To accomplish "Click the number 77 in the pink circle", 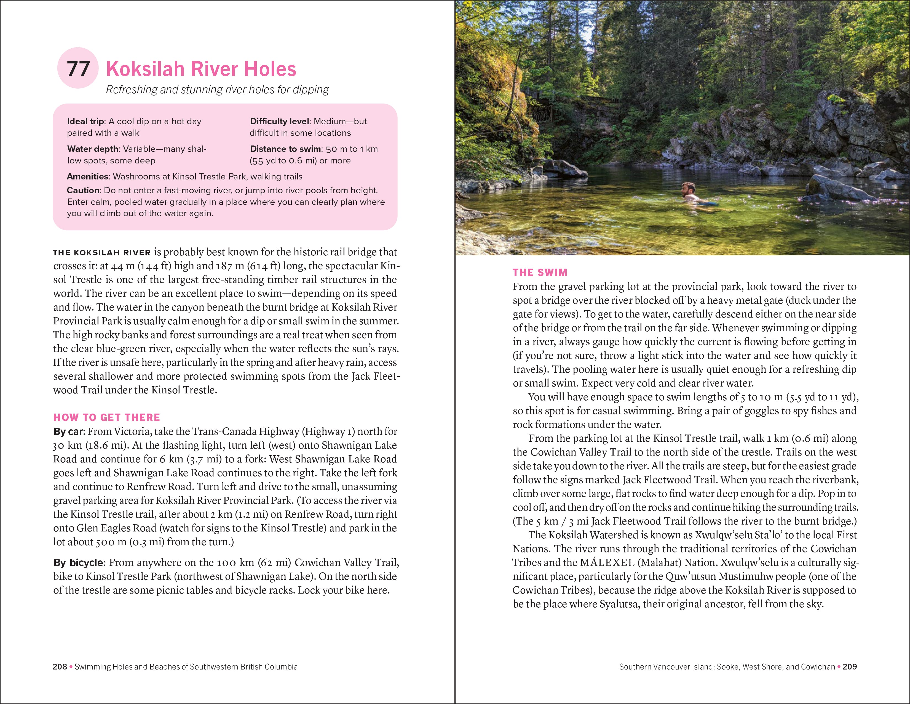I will pyautogui.click(x=78, y=69).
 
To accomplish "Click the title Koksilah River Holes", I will pyautogui.click(x=201, y=69).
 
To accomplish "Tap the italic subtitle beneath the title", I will pyautogui.click(x=217, y=90).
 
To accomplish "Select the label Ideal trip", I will pyautogui.click(x=85, y=121).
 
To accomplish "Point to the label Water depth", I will pyautogui.click(x=92, y=149).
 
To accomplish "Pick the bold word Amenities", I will pyautogui.click(x=87, y=176).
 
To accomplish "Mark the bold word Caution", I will pyautogui.click(x=83, y=190).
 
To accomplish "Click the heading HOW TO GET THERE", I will pyautogui.click(x=107, y=417).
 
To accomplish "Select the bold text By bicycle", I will pyautogui.click(x=78, y=563).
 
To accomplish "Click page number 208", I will pyautogui.click(x=60, y=667).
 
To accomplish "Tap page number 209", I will pyautogui.click(x=850, y=667).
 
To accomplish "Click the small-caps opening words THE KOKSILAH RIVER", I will pyautogui.click(x=102, y=253).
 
